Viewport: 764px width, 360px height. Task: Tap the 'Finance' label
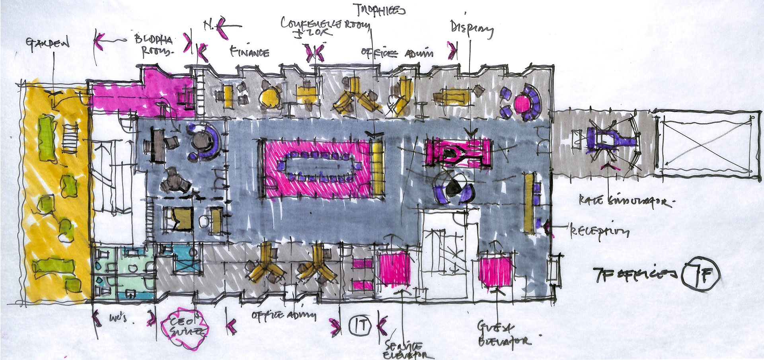249,52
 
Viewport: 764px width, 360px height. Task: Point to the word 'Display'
472,29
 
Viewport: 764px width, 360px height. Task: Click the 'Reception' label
599,231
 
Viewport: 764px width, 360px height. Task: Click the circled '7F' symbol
700,274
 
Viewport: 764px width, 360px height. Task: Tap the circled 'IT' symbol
360,325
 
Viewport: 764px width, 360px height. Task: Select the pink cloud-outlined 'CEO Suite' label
184,328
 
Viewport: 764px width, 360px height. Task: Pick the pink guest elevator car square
495,271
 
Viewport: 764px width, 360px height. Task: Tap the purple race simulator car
609,139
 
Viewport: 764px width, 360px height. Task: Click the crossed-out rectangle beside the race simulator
706,144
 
